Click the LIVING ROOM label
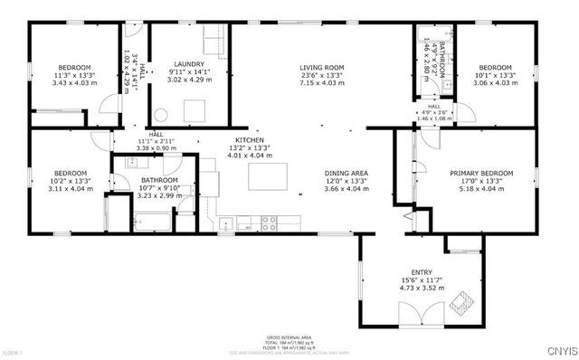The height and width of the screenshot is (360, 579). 322,67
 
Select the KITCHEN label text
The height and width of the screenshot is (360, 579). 249,141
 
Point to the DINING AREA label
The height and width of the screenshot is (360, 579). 346,173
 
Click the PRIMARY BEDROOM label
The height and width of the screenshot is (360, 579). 481,173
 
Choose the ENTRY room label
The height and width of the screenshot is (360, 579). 422,273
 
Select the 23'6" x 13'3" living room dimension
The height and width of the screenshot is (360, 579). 322,75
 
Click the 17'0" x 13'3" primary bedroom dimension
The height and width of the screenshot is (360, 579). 481,181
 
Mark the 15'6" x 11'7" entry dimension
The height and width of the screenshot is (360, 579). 422,281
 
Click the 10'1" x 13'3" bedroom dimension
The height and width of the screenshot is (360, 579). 495,75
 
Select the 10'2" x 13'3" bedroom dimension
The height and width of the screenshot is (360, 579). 69,181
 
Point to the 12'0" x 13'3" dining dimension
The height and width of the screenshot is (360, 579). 346,181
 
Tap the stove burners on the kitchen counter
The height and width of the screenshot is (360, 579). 269,221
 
